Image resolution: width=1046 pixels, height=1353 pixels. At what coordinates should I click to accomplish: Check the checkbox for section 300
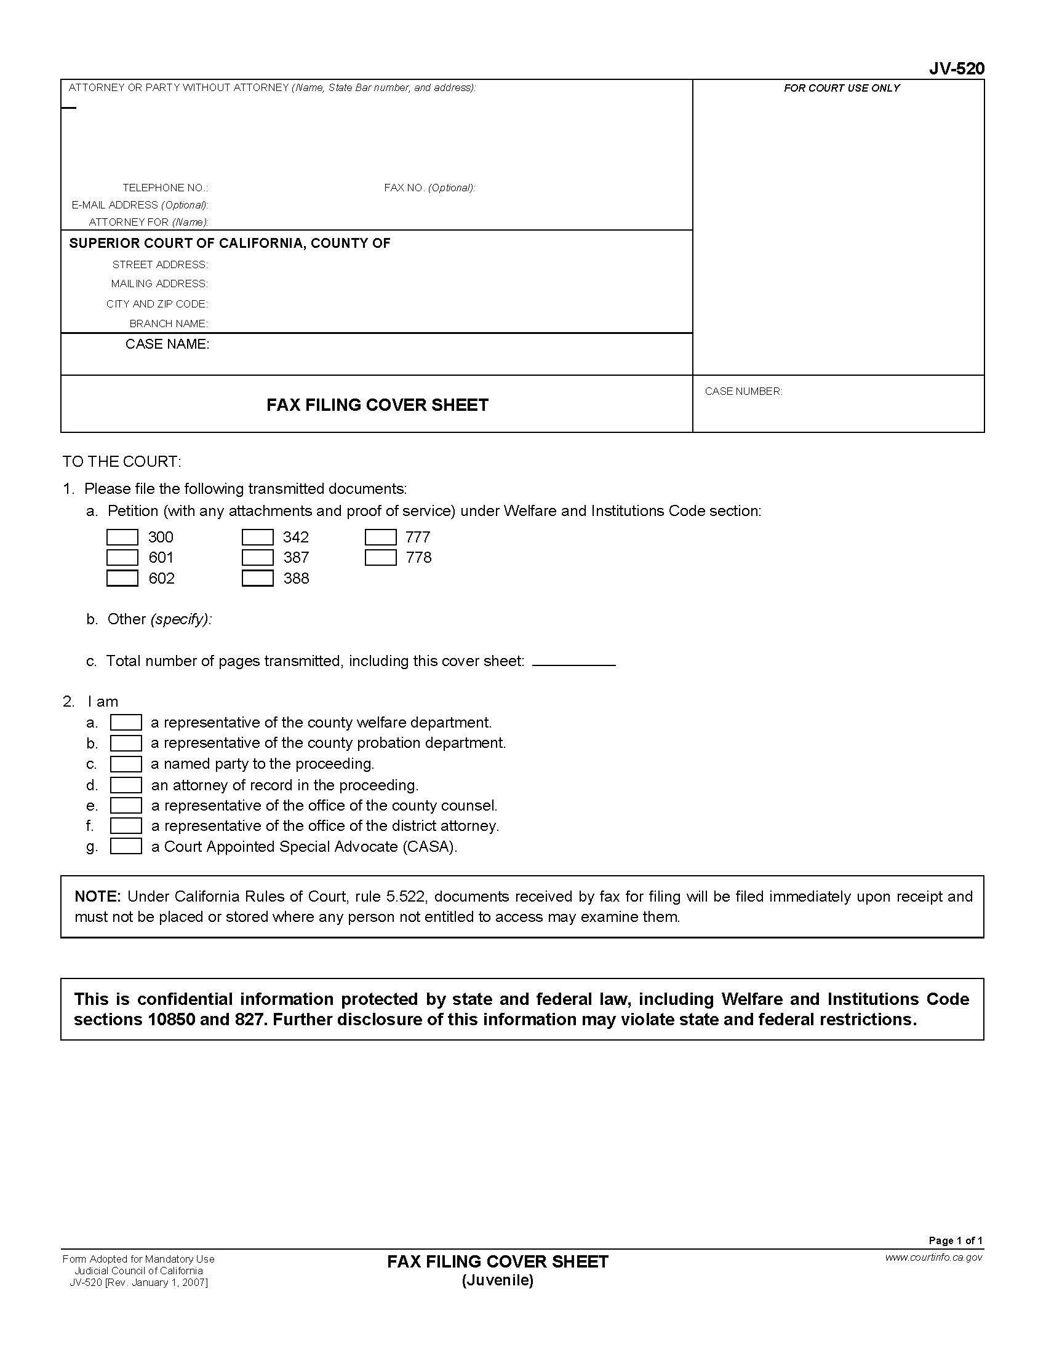(122, 536)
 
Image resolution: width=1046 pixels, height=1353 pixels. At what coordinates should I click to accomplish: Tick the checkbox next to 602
(122, 577)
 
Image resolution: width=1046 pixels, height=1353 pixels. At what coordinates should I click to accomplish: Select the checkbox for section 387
(257, 557)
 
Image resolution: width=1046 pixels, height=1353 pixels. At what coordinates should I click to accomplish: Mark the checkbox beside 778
(380, 557)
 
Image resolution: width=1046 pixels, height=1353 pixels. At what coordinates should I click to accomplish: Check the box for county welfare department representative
(126, 723)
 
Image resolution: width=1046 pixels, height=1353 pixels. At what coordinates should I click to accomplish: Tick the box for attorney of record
(126, 785)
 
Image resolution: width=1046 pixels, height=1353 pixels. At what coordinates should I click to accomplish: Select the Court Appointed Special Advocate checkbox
(126, 846)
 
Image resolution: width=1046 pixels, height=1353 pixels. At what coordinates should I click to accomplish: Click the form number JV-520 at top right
(956, 69)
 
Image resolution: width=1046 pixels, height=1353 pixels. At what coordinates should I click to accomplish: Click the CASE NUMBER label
(743, 391)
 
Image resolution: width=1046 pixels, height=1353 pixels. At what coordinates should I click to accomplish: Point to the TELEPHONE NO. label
(165, 188)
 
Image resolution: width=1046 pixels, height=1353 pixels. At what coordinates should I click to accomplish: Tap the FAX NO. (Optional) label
(429, 188)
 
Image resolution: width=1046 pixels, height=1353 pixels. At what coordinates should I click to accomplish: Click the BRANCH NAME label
(169, 323)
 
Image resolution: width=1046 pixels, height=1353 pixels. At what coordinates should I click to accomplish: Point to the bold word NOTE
(97, 897)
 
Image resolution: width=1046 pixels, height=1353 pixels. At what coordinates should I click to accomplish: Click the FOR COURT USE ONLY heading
(841, 88)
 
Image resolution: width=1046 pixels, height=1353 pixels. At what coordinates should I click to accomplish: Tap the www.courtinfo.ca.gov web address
(933, 1257)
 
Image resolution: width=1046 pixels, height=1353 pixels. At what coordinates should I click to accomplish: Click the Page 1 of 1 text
(955, 1240)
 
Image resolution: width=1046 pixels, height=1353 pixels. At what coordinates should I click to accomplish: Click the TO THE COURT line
(121, 461)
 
